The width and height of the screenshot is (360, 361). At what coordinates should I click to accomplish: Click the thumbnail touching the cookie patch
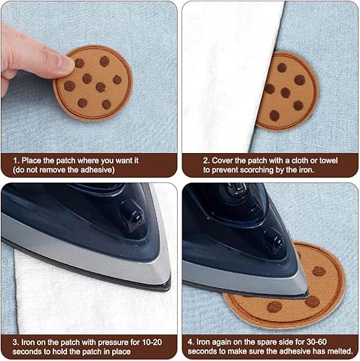pyautogui.click(x=64, y=63)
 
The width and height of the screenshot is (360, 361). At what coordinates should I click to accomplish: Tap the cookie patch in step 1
pyautogui.click(x=93, y=82)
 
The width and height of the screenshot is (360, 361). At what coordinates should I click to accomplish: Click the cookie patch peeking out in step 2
pyautogui.click(x=287, y=91)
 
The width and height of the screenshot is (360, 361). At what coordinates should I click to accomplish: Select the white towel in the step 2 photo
pyautogui.click(x=231, y=77)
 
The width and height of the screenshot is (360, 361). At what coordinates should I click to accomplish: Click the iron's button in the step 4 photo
pyautogui.click(x=273, y=239)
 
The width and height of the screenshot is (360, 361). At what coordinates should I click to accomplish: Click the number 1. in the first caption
pyautogui.click(x=16, y=160)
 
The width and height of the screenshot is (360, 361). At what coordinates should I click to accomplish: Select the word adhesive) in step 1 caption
pyautogui.click(x=98, y=170)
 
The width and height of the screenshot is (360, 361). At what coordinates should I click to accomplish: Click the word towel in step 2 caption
pyautogui.click(x=328, y=160)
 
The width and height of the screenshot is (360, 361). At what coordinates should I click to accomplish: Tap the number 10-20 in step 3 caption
pyautogui.click(x=152, y=342)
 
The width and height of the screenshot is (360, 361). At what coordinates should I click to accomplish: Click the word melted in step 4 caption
pyautogui.click(x=340, y=352)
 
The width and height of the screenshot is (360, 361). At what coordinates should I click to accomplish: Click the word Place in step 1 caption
pyautogui.click(x=31, y=160)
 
